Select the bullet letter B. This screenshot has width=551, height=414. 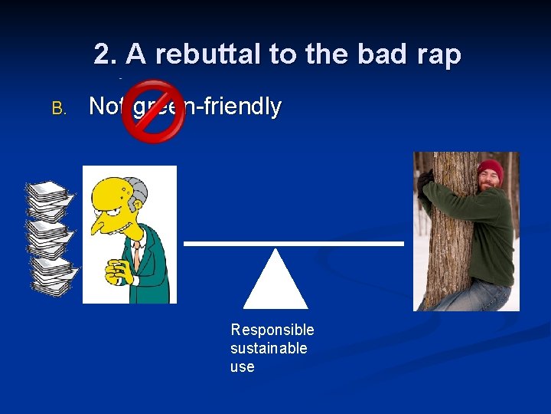pyautogui.click(x=59, y=109)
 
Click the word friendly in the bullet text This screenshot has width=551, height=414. pyautogui.click(x=241, y=107)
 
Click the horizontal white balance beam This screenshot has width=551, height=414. pyautogui.click(x=294, y=244)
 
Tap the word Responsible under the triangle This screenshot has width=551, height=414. pyautogui.click(x=272, y=330)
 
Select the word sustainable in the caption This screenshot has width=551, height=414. pyautogui.click(x=269, y=348)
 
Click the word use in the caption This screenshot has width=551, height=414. pyautogui.click(x=242, y=366)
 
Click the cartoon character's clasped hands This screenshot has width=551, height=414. pyautogui.click(x=123, y=269)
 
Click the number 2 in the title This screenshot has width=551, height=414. pyautogui.click(x=103, y=54)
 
